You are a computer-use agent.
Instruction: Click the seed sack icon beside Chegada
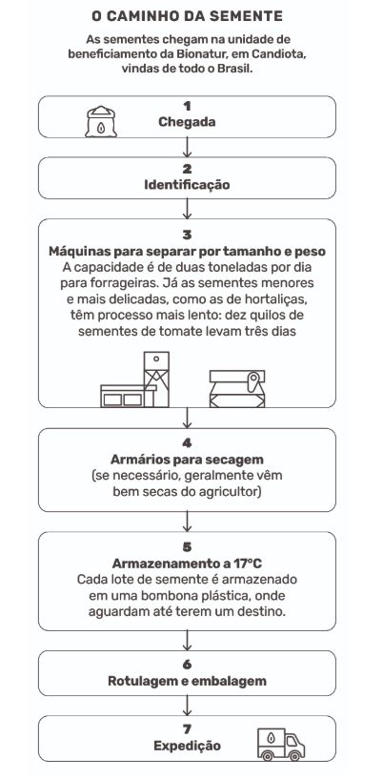tap(101, 122)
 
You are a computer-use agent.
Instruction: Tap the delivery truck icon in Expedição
tap(281, 745)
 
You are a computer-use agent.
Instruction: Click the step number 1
tap(187, 107)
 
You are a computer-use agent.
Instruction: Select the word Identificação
tap(187, 185)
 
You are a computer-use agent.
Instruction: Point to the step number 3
tap(187, 235)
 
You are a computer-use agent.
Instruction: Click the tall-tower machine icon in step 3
tap(135, 379)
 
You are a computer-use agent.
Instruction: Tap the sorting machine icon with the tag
tap(237, 388)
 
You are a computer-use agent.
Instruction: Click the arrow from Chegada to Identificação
tap(187, 147)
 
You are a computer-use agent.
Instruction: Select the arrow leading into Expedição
tap(187, 706)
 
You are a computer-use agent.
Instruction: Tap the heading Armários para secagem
tap(187, 459)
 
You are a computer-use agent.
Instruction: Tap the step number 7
tap(187, 729)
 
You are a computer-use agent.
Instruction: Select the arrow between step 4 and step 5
tap(187, 522)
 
